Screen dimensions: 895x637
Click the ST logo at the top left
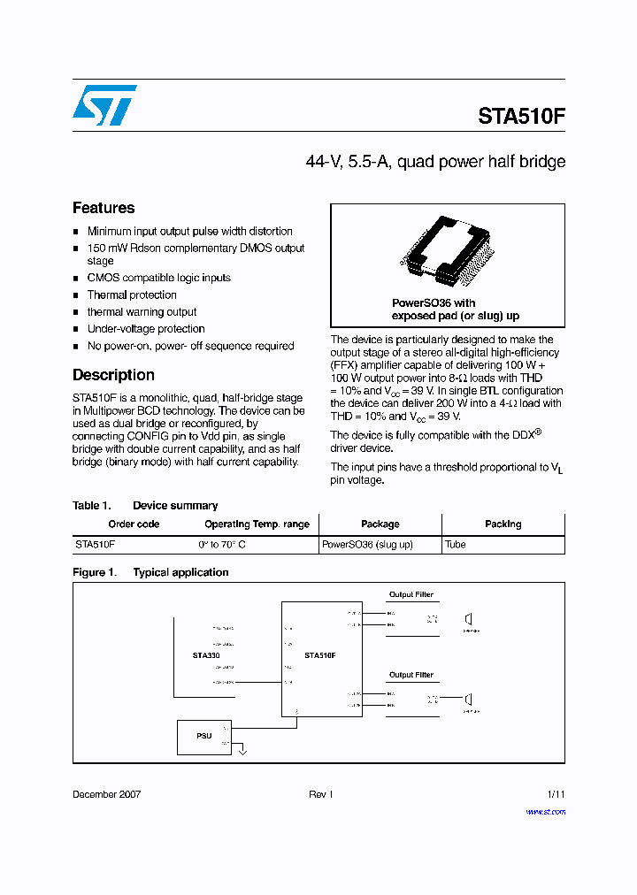pos(104,105)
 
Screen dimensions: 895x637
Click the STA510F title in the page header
pos(521,117)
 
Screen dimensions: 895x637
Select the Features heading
pos(104,208)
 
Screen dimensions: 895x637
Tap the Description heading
pos(113,375)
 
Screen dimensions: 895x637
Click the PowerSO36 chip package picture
pos(447,252)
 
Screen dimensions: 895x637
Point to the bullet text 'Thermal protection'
pos(132,295)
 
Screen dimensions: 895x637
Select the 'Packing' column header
pos(503,524)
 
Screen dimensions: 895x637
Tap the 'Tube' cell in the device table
pos(456,545)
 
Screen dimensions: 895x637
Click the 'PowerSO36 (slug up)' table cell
pos(367,545)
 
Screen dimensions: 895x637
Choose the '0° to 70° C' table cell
pos(222,545)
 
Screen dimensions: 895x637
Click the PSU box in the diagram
pos(204,736)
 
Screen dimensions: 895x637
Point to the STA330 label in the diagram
pos(205,655)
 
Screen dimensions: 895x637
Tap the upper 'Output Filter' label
pos(411,595)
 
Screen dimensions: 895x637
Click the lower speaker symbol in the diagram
pos(470,701)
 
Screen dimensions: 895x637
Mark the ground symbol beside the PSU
pos(243,752)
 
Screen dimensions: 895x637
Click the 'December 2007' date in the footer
pos(106,794)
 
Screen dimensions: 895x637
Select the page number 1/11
pos(555,794)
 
